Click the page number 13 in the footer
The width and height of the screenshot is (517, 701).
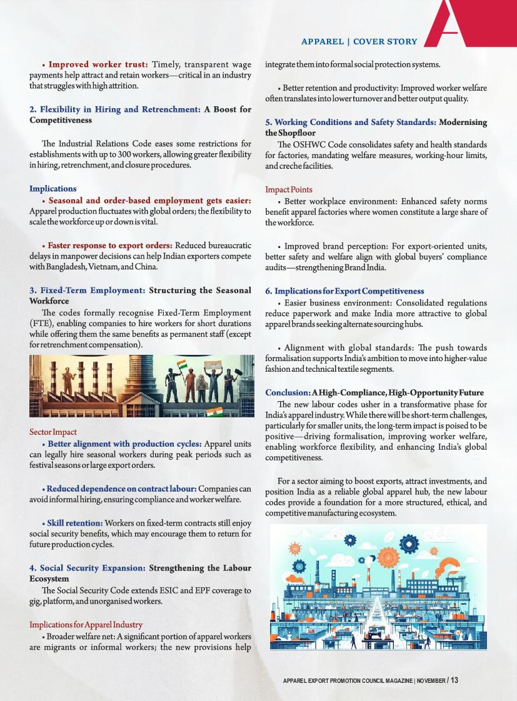pyautogui.click(x=454, y=680)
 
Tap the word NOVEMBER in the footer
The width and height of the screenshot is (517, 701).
pyautogui.click(x=431, y=680)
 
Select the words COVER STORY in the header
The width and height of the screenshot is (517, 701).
pyautogui.click(x=385, y=42)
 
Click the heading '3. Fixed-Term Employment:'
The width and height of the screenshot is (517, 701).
pyautogui.click(x=88, y=291)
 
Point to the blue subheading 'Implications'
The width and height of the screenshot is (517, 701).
pyautogui.click(x=53, y=189)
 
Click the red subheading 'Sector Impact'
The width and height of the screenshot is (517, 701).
pyautogui.click(x=53, y=432)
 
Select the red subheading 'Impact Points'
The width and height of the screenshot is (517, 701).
pyautogui.click(x=289, y=189)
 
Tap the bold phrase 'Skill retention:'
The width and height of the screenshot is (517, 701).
pyautogui.click(x=75, y=522)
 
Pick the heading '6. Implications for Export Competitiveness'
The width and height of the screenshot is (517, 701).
pyautogui.click(x=344, y=291)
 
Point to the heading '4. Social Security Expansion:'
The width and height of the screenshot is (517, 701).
pyautogui.click(x=88, y=568)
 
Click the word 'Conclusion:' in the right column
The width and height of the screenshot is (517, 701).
pyautogui.click(x=288, y=392)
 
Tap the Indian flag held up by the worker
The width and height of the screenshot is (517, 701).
pyautogui.click(x=182, y=364)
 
